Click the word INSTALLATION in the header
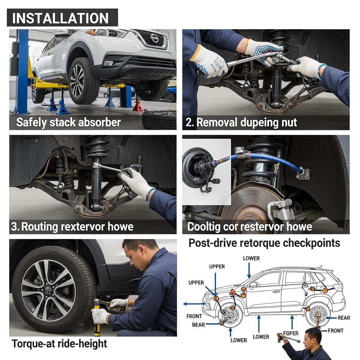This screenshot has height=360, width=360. [60, 18]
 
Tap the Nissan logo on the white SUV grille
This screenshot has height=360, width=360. [154, 38]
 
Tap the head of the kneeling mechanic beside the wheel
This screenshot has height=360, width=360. [140, 254]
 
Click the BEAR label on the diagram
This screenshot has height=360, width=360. [198, 324]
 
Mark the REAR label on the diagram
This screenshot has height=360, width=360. [344, 318]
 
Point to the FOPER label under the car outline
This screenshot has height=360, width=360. [291, 333]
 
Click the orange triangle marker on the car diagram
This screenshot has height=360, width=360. [232, 292]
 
